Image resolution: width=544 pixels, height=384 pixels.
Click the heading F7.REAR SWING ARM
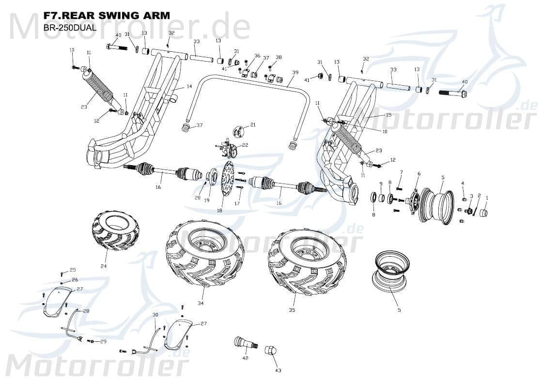point(107,15)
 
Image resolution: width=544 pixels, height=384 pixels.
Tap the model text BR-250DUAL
point(70,28)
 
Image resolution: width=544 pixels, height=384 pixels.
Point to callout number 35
point(292,310)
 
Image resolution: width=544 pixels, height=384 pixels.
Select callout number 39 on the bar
point(295,73)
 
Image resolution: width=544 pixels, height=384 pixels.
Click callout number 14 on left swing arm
point(189,86)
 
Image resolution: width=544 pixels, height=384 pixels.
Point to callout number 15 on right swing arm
point(388,115)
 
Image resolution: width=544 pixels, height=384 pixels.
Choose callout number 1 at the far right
point(487,198)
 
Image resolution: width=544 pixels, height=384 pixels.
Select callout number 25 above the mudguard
point(73,270)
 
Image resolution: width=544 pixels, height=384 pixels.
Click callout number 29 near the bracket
point(103,342)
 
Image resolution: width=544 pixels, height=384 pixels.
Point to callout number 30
point(155,315)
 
